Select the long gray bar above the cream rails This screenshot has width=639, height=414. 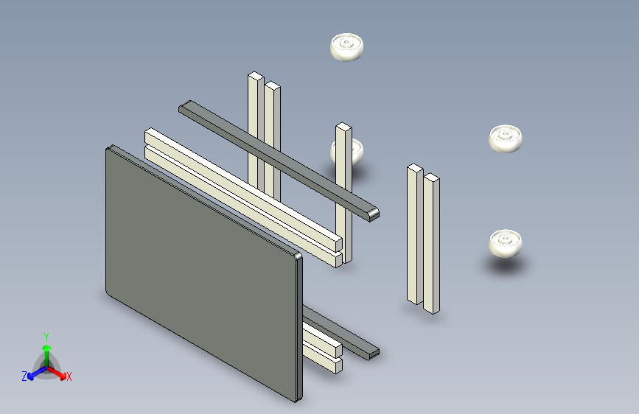click(279, 161)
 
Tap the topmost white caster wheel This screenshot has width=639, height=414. click(346, 47)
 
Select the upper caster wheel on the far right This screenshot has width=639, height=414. click(506, 138)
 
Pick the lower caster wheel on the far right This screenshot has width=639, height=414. click(506, 243)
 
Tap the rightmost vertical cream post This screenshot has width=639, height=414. click(432, 243)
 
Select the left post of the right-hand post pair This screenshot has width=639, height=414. click(415, 234)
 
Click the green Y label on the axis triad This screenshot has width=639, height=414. click(46, 337)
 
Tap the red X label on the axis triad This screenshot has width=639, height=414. click(69, 377)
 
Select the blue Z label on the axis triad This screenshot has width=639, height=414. click(24, 376)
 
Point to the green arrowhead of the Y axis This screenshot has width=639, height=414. click(47, 348)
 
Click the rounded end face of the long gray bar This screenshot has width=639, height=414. click(374, 215)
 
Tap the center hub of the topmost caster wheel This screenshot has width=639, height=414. click(346, 42)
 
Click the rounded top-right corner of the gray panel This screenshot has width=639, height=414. click(298, 256)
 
